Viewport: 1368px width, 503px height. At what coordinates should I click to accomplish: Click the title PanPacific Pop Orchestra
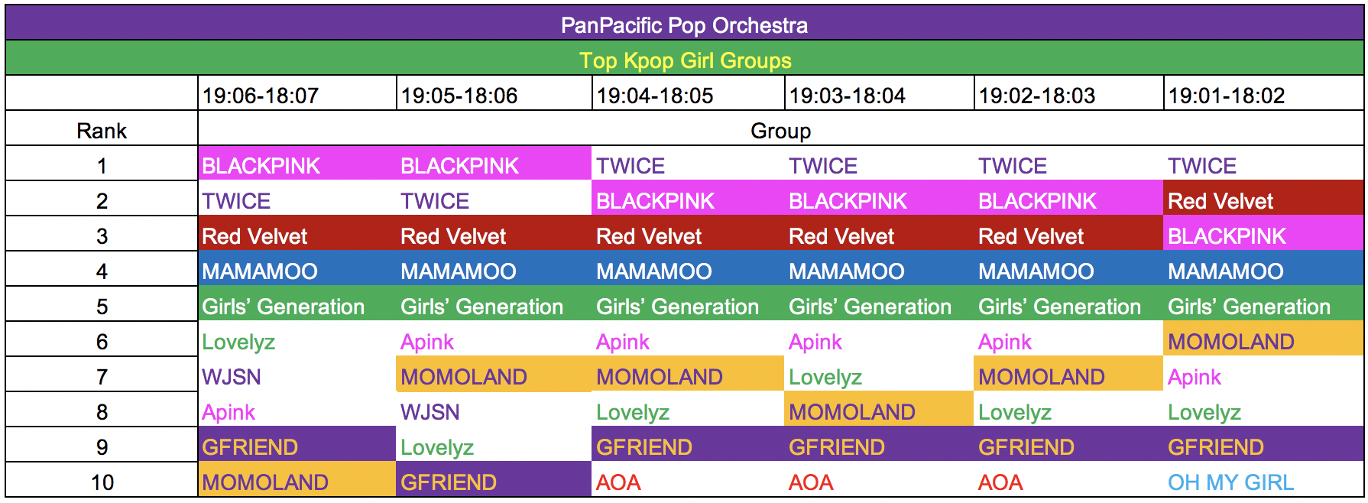pos(684,25)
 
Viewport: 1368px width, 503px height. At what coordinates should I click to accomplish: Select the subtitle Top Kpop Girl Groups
pos(685,60)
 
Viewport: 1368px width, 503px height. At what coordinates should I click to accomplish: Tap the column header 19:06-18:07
pos(260,96)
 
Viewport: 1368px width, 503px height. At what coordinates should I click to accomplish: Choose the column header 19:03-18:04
pos(847,96)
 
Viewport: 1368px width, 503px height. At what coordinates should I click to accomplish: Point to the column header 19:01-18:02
pos(1226,96)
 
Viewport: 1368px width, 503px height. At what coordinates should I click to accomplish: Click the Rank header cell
pos(102,131)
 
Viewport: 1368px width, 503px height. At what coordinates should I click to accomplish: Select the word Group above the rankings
pos(780,131)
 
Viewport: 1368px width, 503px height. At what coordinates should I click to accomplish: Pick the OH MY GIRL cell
pos(1230,482)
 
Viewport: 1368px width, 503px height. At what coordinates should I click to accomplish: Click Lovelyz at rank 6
pos(238,342)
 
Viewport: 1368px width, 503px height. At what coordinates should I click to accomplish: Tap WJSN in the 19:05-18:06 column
pos(430,412)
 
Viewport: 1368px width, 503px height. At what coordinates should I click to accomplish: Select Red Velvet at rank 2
pos(1221,201)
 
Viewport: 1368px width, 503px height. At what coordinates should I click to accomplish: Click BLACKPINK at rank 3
pos(1227,236)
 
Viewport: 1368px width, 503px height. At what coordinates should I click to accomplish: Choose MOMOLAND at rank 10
pos(265,482)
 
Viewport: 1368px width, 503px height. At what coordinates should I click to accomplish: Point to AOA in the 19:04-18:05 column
pos(618,482)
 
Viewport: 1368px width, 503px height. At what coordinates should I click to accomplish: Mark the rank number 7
pos(102,377)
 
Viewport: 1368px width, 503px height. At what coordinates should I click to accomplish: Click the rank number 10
pos(102,482)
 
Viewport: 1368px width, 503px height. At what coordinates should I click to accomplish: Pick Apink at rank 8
pos(229,412)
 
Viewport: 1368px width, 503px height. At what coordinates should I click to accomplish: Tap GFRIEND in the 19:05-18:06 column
pos(449,482)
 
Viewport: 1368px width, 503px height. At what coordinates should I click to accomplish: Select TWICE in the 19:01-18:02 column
pos(1202,166)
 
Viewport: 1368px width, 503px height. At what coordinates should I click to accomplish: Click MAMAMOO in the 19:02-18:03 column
pos(1036,271)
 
